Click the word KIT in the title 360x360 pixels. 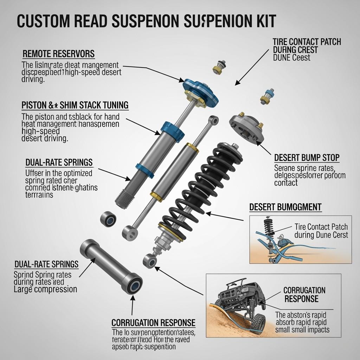(263, 21)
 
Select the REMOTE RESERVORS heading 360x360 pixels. (59, 54)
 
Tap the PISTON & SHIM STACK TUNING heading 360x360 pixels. (75, 105)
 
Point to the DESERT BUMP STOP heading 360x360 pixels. (307, 158)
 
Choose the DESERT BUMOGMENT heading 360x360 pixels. (285, 207)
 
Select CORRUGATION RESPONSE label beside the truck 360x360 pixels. (304, 295)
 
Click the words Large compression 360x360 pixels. (45, 289)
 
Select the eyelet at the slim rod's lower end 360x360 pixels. (129, 232)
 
